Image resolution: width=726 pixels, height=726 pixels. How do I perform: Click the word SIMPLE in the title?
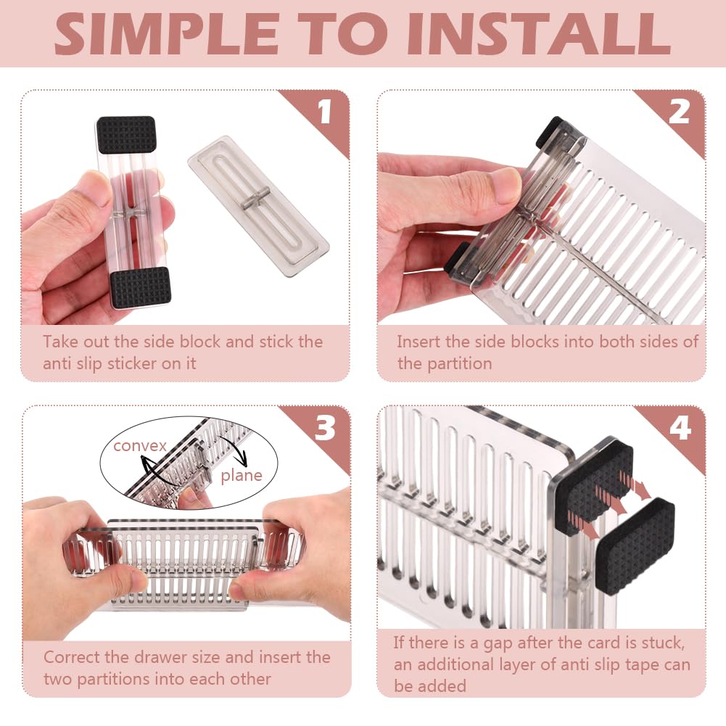(166, 34)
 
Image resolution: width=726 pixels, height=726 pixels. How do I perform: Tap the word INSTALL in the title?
(540, 34)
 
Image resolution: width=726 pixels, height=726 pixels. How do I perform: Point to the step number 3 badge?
(325, 427)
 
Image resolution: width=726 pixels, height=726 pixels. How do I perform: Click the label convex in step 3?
(140, 445)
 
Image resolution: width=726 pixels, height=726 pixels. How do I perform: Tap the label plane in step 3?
(242, 476)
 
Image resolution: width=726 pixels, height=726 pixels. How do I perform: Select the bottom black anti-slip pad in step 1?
(140, 287)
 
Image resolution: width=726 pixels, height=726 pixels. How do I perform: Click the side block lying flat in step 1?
(258, 206)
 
